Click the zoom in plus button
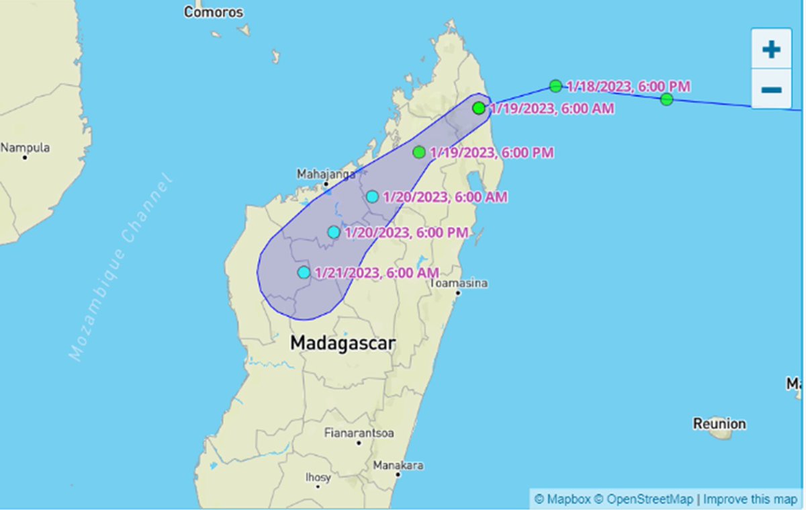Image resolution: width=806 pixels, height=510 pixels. tap(771, 49)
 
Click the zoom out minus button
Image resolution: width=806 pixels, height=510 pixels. tap(771, 89)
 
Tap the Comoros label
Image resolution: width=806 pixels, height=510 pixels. tap(214, 12)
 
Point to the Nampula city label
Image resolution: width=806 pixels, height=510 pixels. tap(25, 148)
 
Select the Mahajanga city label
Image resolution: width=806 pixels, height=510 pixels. tap(326, 174)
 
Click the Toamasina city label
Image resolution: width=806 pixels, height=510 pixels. tap(459, 283)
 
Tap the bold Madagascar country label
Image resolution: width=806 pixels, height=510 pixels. tap(343, 343)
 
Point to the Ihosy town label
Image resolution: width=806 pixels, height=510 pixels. tap(318, 478)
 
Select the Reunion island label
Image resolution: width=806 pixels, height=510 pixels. tap(719, 424)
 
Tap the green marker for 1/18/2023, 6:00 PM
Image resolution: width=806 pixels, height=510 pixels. tap(555, 86)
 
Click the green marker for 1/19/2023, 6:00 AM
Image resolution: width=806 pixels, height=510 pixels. tap(478, 108)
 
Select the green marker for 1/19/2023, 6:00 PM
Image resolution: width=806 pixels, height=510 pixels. tap(419, 153)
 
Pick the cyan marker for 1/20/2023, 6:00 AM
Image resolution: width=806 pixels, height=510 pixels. tap(372, 197)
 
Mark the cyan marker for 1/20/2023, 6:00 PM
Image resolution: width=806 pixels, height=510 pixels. tap(334, 232)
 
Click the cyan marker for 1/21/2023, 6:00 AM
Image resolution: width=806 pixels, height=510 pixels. tap(304, 273)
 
